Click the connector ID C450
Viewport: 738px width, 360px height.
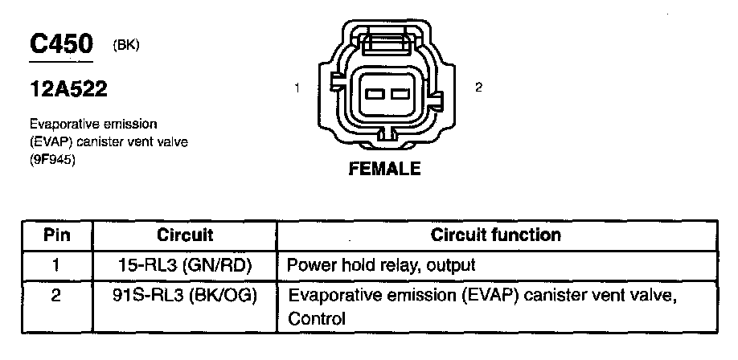[x=61, y=45]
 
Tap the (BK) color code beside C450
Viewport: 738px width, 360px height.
[x=127, y=46]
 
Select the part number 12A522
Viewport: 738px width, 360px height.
[x=68, y=90]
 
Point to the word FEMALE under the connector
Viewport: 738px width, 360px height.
[x=383, y=170]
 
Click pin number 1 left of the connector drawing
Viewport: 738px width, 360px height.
[x=297, y=88]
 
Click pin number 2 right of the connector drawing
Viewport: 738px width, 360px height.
[x=478, y=88]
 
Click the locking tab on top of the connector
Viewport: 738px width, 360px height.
[x=387, y=42]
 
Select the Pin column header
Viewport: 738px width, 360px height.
[x=56, y=235]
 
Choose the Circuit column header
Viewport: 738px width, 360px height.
[x=186, y=235]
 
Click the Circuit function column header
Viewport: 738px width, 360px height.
[x=496, y=235]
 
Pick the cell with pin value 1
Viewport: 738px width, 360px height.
[x=56, y=264]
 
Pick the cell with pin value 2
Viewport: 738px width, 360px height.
[x=56, y=296]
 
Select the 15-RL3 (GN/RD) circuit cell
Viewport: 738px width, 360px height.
[x=186, y=264]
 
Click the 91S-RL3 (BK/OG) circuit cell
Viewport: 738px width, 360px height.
[x=186, y=296]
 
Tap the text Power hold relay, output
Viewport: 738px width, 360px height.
[x=381, y=264]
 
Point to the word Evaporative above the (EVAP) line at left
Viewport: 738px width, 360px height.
[x=62, y=125]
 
